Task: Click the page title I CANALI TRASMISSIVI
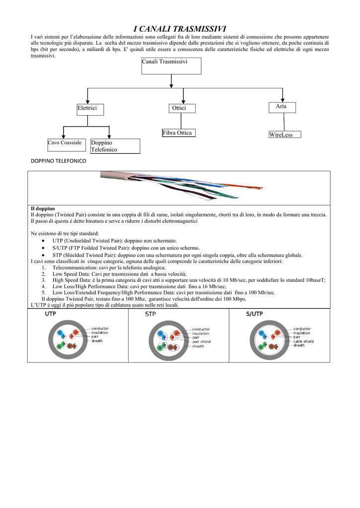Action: [x=180, y=29]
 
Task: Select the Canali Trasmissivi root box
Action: [x=171, y=65]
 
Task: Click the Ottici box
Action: [x=181, y=108]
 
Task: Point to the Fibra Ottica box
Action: [x=177, y=133]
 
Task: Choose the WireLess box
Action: [x=284, y=135]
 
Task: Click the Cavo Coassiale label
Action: [x=65, y=143]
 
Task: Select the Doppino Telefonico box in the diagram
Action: [x=115, y=146]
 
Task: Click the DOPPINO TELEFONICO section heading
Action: [x=59, y=162]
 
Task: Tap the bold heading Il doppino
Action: [x=43, y=208]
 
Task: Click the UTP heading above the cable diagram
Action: [x=51, y=315]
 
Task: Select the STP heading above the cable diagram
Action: [x=150, y=315]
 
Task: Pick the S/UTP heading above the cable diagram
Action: [x=254, y=315]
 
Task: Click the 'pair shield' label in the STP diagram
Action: [x=202, y=342]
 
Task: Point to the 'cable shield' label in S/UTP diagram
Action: [x=303, y=341]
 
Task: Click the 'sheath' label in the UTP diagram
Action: [x=97, y=341]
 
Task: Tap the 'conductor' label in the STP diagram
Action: [x=201, y=329]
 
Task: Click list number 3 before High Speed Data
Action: [x=44, y=280]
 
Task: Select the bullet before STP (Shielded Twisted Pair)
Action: [x=44, y=255]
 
